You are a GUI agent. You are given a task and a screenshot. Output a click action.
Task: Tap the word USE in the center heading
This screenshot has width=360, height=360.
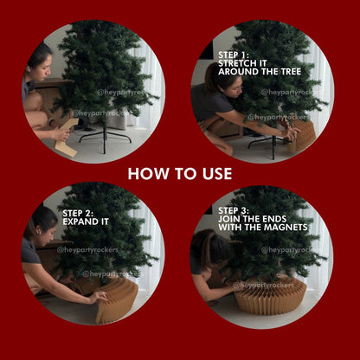tap(217, 174)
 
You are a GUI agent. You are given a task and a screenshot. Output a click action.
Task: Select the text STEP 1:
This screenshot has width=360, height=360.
tap(234, 55)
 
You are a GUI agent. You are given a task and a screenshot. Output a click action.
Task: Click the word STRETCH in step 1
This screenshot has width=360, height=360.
tap(235, 63)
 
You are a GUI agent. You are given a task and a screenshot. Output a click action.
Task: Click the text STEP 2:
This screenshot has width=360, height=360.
tap(78, 213)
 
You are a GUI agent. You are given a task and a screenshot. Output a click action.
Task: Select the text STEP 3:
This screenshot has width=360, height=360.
tap(234, 210)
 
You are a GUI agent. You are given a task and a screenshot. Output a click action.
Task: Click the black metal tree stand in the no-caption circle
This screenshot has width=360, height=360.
tap(106, 138)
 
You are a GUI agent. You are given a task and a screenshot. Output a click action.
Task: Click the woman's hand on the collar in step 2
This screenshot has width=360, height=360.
tap(98, 297)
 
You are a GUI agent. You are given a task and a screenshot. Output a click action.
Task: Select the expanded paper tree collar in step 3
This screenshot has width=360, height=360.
tap(270, 296)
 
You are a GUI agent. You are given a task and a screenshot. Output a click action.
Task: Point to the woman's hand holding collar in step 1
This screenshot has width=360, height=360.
tap(290, 132)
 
